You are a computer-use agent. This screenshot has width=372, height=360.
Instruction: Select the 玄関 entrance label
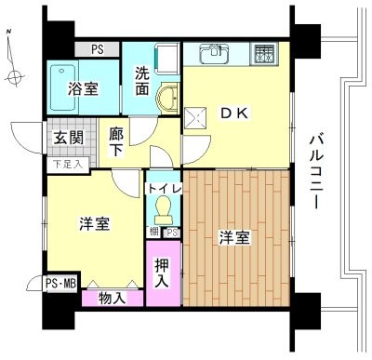pyautogui.click(x=68, y=139)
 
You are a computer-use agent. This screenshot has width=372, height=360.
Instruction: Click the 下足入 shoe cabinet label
pyautogui.click(x=66, y=165)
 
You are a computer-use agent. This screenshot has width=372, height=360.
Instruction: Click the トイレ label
pyautogui.click(x=164, y=189)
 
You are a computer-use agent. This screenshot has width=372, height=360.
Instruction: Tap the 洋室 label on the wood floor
pyautogui.click(x=235, y=237)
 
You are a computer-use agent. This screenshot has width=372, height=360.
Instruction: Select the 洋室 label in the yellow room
pyautogui.click(x=95, y=224)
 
